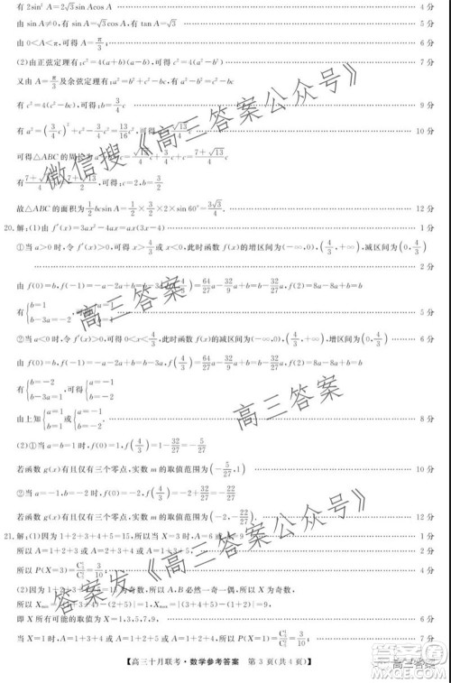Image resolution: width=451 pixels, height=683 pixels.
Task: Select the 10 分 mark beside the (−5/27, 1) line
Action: click(431, 469)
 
